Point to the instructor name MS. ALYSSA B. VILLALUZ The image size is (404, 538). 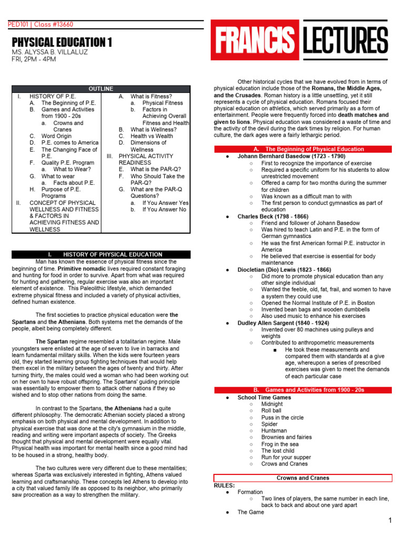50,53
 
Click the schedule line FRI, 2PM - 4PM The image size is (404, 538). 34,59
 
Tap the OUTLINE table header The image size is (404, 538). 101,89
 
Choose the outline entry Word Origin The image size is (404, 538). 56,136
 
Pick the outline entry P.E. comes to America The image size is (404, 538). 70,143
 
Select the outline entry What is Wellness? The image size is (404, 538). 154,129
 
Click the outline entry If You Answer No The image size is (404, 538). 164,209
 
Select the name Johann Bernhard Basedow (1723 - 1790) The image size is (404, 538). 291,157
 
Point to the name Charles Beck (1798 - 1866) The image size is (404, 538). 273,216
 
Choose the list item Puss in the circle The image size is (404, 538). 282,418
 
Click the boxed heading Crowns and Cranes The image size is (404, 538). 302,478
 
